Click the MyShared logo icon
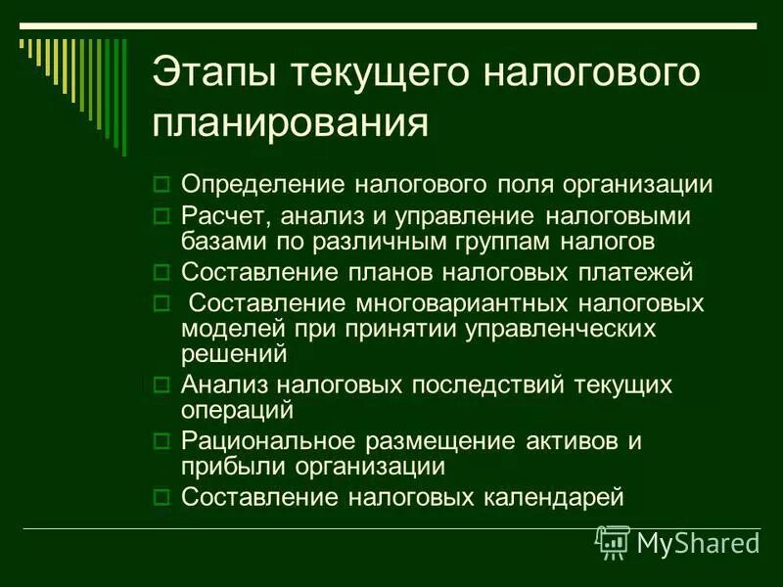click(614, 541)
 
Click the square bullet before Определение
click(163, 184)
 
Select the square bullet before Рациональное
click(163, 441)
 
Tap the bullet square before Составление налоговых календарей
click(163, 497)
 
